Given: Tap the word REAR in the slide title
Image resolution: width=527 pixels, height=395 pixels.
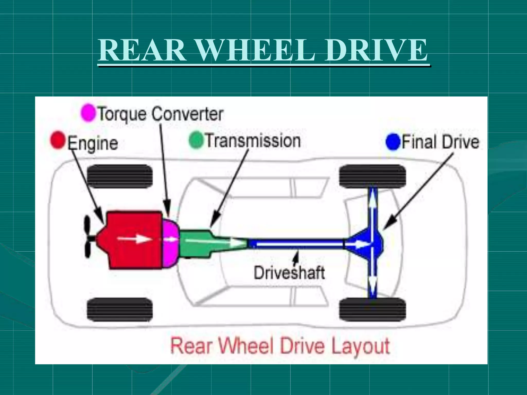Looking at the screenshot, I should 142,50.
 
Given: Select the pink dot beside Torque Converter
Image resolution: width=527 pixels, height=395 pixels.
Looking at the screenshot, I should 88,113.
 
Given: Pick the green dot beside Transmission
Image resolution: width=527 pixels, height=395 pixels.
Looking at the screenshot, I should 196,140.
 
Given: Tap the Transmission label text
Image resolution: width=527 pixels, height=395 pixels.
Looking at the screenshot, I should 253,141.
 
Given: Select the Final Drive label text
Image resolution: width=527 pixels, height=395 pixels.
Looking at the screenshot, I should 440,142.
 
